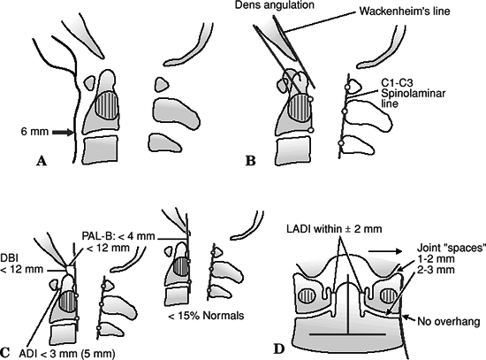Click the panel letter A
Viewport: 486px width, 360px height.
42,161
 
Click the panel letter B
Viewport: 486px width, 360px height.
250,161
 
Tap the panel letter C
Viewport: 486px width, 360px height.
4,353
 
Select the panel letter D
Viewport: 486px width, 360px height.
279,349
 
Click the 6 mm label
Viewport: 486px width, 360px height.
34,132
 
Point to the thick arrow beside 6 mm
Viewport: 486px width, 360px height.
63,133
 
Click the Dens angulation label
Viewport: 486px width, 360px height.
274,5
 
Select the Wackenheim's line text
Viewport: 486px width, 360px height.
405,11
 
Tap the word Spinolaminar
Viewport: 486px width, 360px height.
413,93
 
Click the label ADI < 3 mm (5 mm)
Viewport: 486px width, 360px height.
67,354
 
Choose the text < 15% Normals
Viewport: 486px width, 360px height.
206,316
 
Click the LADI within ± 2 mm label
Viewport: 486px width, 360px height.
334,229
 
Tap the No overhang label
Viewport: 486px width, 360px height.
449,321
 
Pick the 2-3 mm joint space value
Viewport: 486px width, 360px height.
436,270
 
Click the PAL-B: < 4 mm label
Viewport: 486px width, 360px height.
118,236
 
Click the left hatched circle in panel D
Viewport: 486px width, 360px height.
307,295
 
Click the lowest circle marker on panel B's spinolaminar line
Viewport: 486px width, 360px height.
341,143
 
